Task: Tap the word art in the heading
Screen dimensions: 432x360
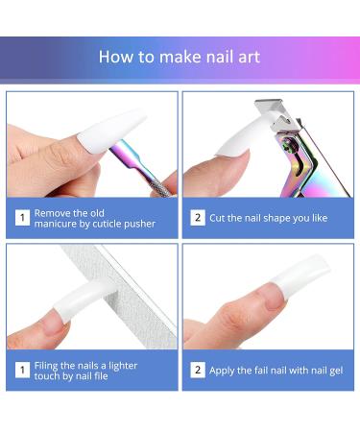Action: point(247,57)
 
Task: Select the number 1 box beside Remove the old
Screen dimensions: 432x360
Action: point(21,218)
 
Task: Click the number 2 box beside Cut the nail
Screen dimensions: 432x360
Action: point(198,218)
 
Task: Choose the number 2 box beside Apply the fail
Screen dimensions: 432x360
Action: point(198,370)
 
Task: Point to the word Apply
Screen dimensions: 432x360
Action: point(227,370)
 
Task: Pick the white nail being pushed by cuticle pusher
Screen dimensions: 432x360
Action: point(106,130)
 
